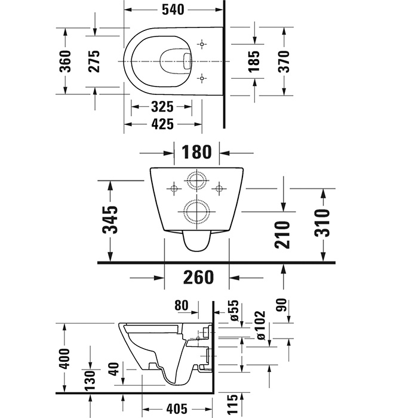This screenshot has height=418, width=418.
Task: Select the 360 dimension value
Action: click(66, 61)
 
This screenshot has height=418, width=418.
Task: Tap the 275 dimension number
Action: click(94, 61)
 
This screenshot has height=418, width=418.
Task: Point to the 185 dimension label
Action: click(254, 61)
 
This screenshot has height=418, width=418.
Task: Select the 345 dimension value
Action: click(110, 220)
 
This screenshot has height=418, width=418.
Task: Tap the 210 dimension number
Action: click(283, 235)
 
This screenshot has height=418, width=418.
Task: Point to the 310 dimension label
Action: click(322, 223)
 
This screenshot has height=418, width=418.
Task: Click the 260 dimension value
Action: click(197, 278)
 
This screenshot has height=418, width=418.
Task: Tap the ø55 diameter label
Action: click(235, 311)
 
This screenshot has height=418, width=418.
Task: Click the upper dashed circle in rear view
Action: click(196, 181)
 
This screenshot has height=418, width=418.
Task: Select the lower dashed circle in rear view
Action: click(196, 210)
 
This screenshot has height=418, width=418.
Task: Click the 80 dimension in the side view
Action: click(182, 306)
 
